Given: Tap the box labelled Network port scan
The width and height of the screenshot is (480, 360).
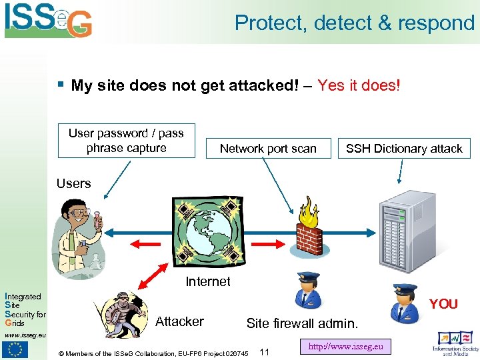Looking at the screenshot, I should pyautogui.click(x=268, y=148).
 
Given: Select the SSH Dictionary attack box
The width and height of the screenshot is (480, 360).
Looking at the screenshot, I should pyautogui.click(x=404, y=148).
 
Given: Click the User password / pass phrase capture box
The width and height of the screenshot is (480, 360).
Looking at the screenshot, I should pyautogui.click(x=126, y=140).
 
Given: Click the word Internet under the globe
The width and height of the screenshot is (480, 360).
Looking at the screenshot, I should pyautogui.click(x=208, y=281).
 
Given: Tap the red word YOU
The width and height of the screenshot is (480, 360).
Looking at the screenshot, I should pyautogui.click(x=443, y=304).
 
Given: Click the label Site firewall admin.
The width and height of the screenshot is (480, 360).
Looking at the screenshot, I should pyautogui.click(x=302, y=323).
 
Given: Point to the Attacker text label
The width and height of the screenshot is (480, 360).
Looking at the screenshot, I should pyautogui.click(x=179, y=321).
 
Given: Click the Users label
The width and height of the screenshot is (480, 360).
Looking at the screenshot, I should pyautogui.click(x=73, y=183).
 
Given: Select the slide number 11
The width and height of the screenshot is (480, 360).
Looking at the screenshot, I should pyautogui.click(x=264, y=352).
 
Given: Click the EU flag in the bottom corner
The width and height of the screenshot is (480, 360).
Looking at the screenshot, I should pyautogui.click(x=15, y=348).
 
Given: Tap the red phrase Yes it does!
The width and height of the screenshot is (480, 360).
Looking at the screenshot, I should pyautogui.click(x=359, y=85).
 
